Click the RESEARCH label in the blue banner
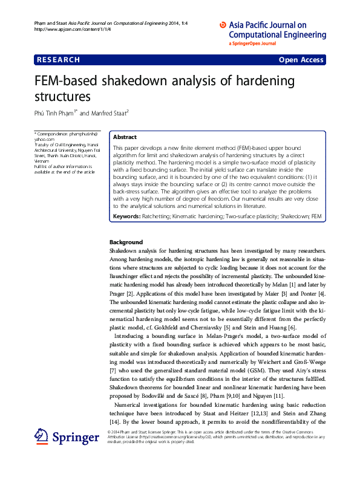point(58,60)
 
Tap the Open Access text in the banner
point(301,60)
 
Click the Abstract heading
point(125,137)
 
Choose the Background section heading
point(126,242)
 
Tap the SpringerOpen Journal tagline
point(252,44)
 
